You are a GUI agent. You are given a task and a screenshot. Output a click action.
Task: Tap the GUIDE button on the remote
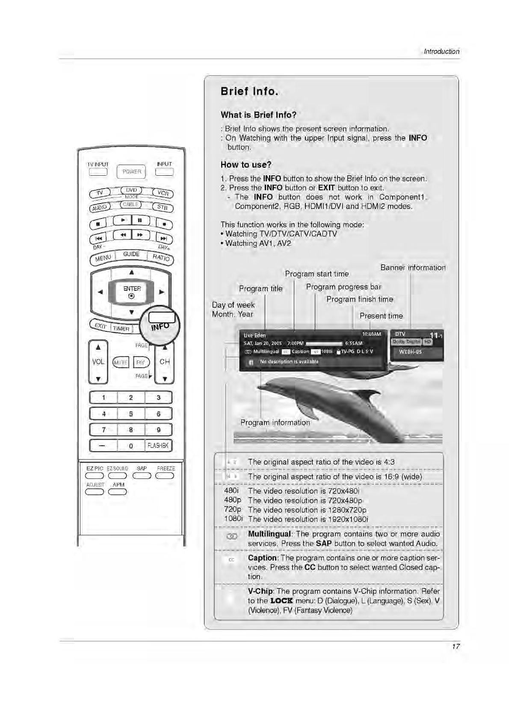[x=131, y=254]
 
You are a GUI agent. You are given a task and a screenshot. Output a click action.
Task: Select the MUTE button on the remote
[x=120, y=363]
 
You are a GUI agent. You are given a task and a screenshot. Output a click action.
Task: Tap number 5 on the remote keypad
[x=131, y=413]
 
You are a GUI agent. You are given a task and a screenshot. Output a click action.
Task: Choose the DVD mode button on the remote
[x=131, y=190]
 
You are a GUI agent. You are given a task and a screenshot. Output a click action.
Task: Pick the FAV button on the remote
[x=141, y=363]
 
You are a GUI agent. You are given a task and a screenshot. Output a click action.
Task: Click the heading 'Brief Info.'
[x=249, y=91]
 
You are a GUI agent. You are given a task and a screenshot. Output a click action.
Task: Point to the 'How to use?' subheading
[x=246, y=165]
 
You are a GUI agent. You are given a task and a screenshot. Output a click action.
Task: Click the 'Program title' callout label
[x=260, y=289]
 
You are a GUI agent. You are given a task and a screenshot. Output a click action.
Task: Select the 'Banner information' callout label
[x=413, y=268]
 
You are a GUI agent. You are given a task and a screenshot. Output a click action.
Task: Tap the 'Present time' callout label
[x=381, y=316]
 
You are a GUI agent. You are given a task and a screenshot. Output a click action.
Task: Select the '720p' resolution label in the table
[x=233, y=510]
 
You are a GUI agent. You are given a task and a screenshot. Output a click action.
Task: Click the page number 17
[x=456, y=646]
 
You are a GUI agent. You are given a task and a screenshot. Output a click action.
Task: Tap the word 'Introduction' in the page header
[x=441, y=51]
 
